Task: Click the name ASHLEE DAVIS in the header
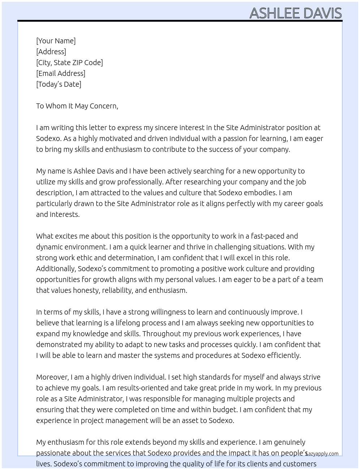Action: pyautogui.click(x=295, y=13)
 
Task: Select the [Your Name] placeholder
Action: pyautogui.click(x=56, y=41)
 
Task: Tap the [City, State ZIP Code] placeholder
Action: pyautogui.click(x=69, y=63)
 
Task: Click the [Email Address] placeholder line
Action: pyautogui.click(x=61, y=73)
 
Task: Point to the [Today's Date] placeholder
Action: pyautogui.click(x=59, y=84)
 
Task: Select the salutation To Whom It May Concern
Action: pyautogui.click(x=77, y=106)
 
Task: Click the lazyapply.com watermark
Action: pyautogui.click(x=322, y=453)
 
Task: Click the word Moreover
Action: pyautogui.click(x=52, y=377)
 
